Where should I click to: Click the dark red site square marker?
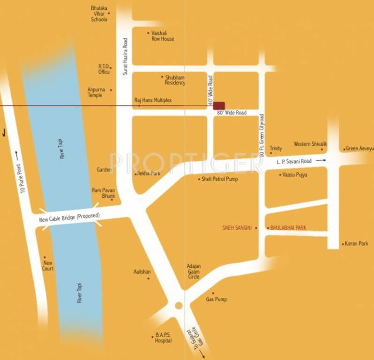(x=219, y=106)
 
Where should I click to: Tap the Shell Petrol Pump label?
(x=220, y=179)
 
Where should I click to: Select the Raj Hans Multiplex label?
(x=153, y=100)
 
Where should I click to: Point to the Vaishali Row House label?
(x=163, y=36)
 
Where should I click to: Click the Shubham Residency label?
(x=175, y=80)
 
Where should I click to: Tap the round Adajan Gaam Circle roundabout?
(x=179, y=306)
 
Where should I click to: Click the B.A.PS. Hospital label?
(x=163, y=337)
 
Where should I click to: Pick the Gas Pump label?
(x=217, y=299)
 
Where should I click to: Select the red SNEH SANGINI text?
(x=237, y=228)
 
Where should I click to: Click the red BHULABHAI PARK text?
(x=288, y=228)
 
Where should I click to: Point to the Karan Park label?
(x=357, y=244)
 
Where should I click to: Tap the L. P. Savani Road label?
(x=294, y=161)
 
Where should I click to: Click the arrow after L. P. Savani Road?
(x=321, y=161)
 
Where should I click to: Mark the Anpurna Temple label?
(x=95, y=92)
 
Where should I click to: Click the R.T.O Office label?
(x=104, y=69)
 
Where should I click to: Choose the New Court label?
(x=48, y=266)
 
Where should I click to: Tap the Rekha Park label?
(x=149, y=173)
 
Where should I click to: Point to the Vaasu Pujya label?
(x=295, y=175)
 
